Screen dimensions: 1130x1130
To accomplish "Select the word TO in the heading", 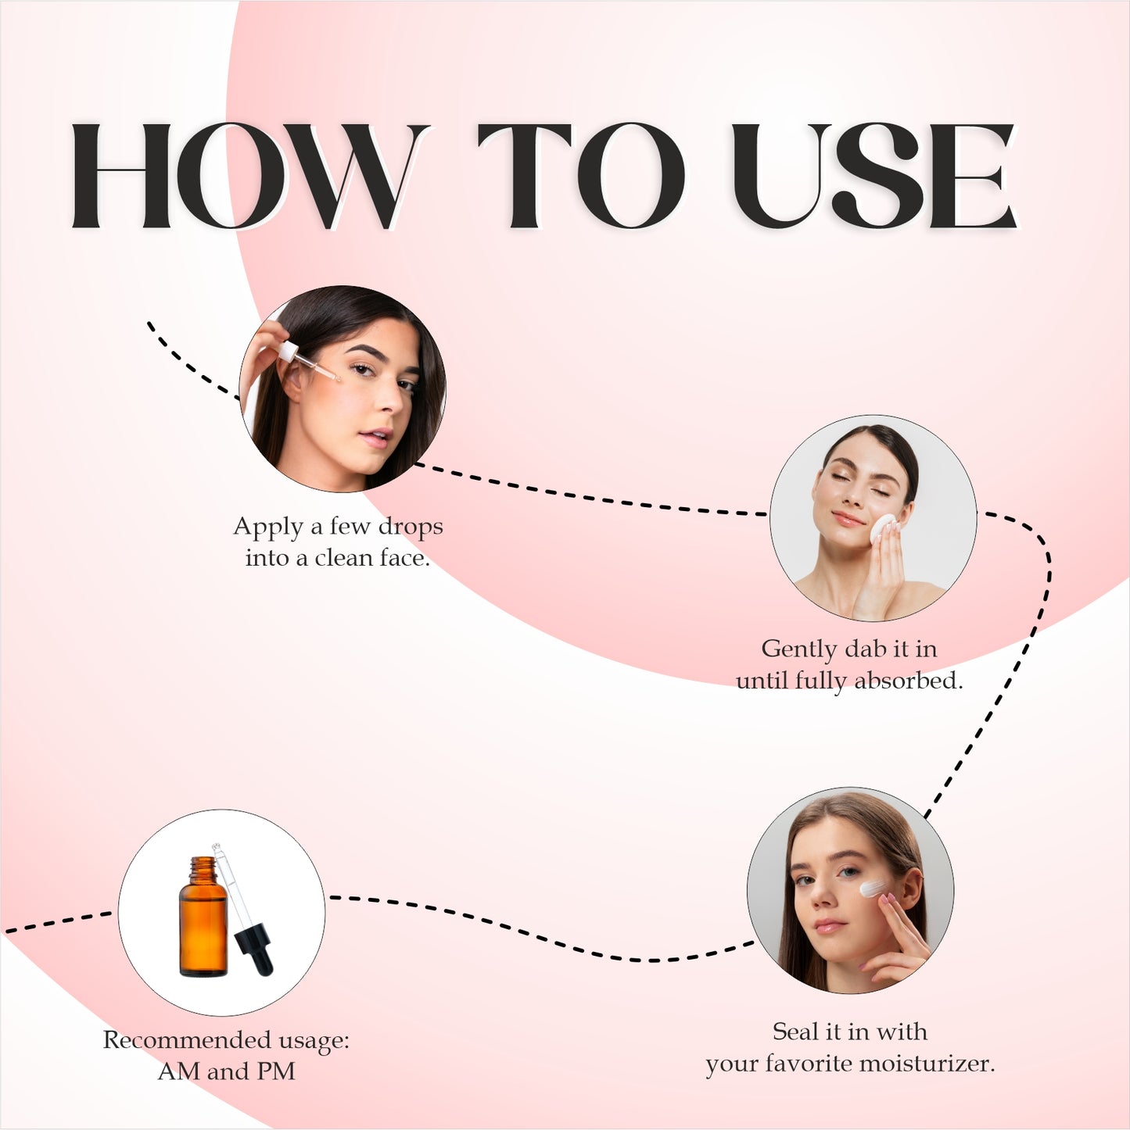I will click(581, 176).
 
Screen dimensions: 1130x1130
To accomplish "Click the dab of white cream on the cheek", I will click(872, 889).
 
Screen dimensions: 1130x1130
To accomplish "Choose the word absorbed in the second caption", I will click(907, 681).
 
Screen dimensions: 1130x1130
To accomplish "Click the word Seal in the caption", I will click(795, 1032).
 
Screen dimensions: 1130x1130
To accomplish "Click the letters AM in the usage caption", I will click(179, 1071).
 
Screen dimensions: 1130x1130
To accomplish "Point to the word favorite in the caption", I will click(809, 1064).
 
